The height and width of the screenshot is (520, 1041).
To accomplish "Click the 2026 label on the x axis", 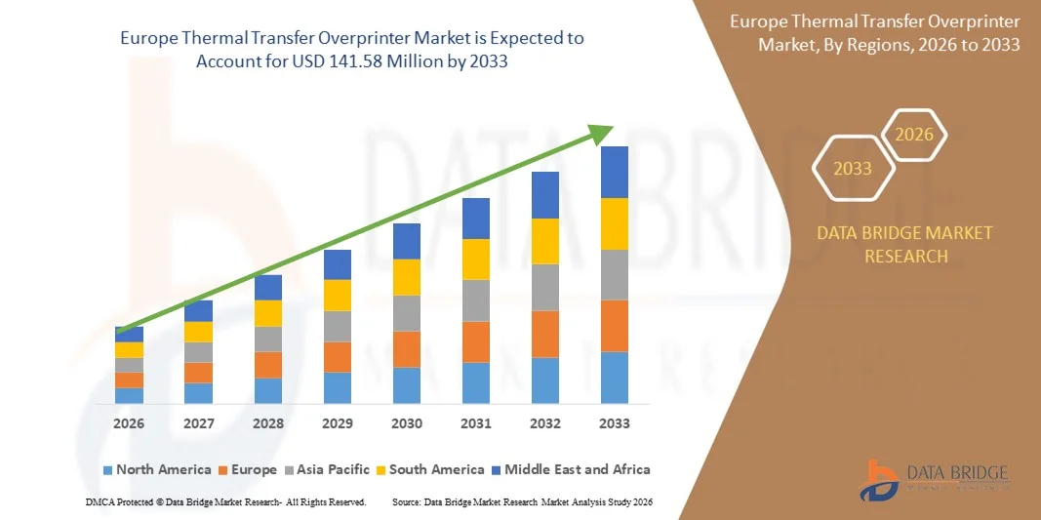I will point(129,423).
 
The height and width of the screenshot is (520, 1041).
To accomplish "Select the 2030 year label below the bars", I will point(407,423).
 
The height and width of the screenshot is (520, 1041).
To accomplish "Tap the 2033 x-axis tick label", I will point(615,423).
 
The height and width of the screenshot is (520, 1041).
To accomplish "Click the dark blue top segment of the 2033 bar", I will point(615,172).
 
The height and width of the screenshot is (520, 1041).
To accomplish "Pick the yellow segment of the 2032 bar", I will point(545,241).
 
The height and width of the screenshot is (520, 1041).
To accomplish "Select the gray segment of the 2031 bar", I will point(476,300).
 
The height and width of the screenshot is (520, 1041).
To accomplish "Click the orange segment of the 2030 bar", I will point(407,349).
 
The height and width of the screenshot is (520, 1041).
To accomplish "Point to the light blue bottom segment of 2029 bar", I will point(338,387).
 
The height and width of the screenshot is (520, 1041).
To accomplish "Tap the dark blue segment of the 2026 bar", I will point(129,335).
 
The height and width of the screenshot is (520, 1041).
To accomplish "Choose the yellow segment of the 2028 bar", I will point(268,313).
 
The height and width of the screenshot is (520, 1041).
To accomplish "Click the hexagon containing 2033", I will point(853,169).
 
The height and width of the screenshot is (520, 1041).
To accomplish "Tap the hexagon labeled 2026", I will point(915,136).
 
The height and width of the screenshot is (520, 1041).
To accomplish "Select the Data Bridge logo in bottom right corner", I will point(936,478).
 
